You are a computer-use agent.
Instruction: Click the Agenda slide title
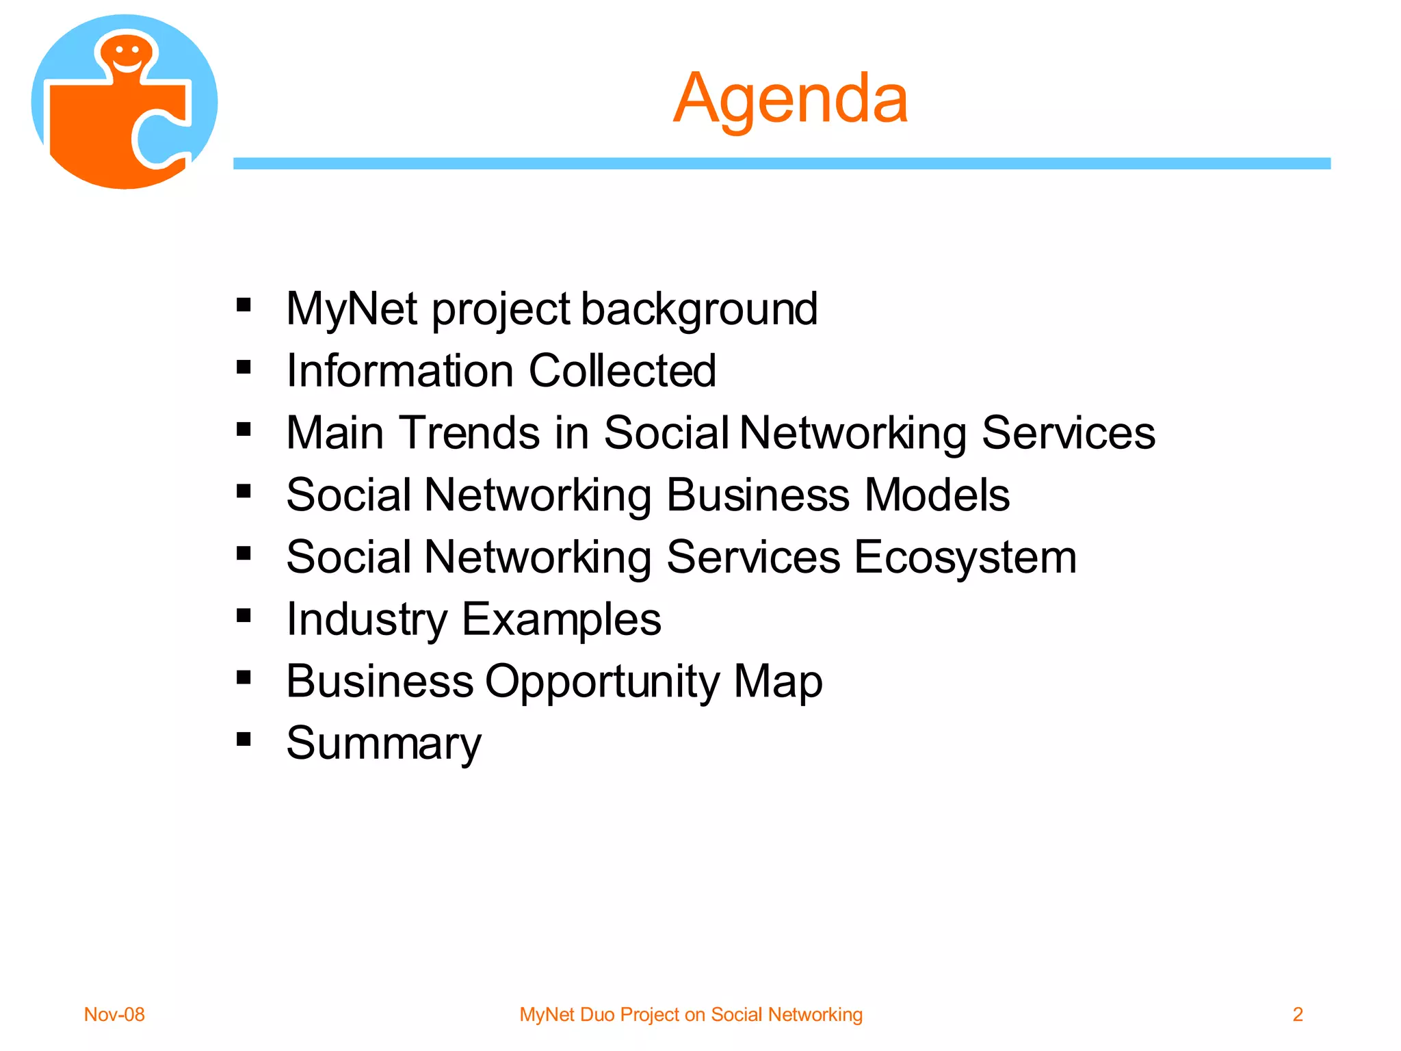point(790,99)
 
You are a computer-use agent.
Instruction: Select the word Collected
point(622,371)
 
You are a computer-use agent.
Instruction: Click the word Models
point(937,495)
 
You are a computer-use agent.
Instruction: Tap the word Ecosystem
point(965,558)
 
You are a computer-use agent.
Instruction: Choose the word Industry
point(367,620)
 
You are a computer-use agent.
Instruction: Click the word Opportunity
point(602,682)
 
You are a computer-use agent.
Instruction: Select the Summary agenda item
point(384,744)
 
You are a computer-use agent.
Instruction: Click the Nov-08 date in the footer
point(114,1014)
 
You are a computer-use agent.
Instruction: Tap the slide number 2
point(1297,1014)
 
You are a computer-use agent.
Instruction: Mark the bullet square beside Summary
point(244,739)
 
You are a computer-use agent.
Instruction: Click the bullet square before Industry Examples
point(244,615)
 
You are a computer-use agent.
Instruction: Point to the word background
point(699,309)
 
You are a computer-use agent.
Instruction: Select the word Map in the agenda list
point(778,682)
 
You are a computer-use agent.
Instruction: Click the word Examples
point(561,620)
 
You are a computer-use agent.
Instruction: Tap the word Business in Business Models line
point(757,495)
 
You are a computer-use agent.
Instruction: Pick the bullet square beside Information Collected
point(244,367)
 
